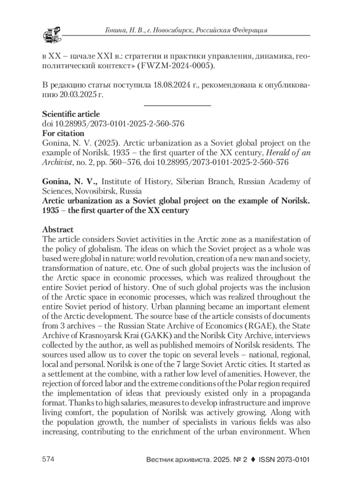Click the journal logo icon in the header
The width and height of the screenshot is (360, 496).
tap(52, 34)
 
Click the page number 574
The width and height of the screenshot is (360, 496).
tap(48, 459)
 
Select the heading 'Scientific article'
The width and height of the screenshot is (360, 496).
tap(71, 114)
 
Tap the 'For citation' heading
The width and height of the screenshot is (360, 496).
tap(63, 133)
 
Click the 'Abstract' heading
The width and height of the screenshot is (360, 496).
tap(58, 230)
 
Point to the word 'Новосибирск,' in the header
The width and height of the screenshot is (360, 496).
tap(171, 30)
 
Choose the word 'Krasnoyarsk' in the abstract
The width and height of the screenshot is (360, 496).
tap(98, 335)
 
